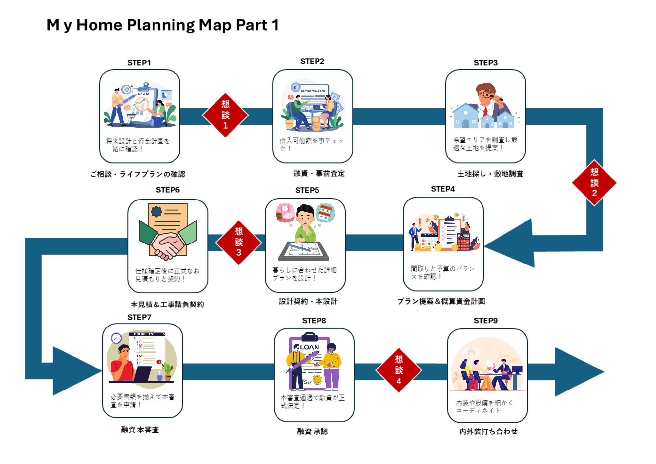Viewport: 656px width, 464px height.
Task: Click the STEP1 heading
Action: coord(139,63)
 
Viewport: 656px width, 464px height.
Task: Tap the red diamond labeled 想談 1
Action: coord(225,115)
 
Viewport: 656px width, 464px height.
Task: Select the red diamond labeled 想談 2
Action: coord(594,183)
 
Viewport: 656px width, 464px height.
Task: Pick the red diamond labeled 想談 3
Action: coord(239,243)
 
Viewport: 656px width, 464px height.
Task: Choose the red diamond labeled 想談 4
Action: coord(399,370)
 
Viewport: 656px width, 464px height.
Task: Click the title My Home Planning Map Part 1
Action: coord(163,25)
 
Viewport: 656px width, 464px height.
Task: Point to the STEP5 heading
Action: coord(307,190)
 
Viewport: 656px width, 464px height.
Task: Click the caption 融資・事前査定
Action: coord(319,173)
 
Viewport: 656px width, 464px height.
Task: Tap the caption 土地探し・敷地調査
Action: coord(490,174)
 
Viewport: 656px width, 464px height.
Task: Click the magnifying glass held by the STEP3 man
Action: coord(487,94)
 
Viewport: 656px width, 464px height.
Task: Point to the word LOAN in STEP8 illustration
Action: coord(309,347)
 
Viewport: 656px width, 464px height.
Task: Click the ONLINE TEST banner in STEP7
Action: coord(144,334)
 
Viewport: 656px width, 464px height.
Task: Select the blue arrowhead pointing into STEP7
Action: coord(75,371)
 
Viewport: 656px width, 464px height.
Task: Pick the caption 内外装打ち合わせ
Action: coord(488,432)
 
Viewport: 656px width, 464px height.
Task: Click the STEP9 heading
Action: coord(485,321)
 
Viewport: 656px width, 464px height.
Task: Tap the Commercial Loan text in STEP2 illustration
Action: coord(313,91)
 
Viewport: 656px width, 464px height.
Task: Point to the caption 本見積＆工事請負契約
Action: coord(167,305)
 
